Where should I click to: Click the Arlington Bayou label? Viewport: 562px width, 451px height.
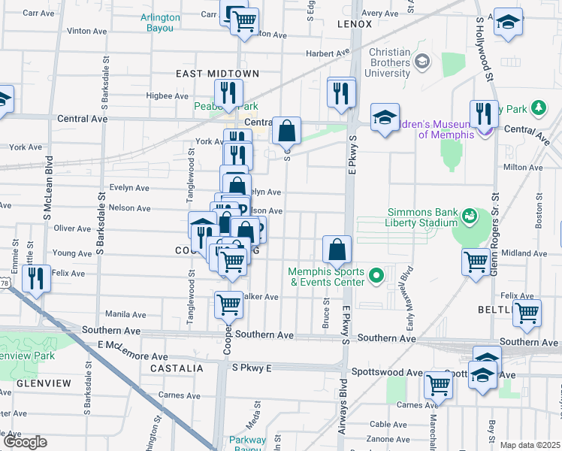tap(161, 23)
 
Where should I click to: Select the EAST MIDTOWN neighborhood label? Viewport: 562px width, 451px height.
tap(217, 74)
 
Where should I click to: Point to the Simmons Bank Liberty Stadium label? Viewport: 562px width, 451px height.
tap(422, 217)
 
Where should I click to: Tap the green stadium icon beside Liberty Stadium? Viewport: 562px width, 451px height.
tap(470, 217)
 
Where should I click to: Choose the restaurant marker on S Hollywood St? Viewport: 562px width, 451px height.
tap(484, 114)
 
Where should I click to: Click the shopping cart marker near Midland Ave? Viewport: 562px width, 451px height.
tap(476, 262)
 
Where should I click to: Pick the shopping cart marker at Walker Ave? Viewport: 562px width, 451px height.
tap(228, 304)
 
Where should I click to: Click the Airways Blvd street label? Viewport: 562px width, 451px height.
tap(343, 413)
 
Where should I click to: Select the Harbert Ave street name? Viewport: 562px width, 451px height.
tap(327, 53)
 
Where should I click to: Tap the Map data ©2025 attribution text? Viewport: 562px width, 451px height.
tap(530, 445)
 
